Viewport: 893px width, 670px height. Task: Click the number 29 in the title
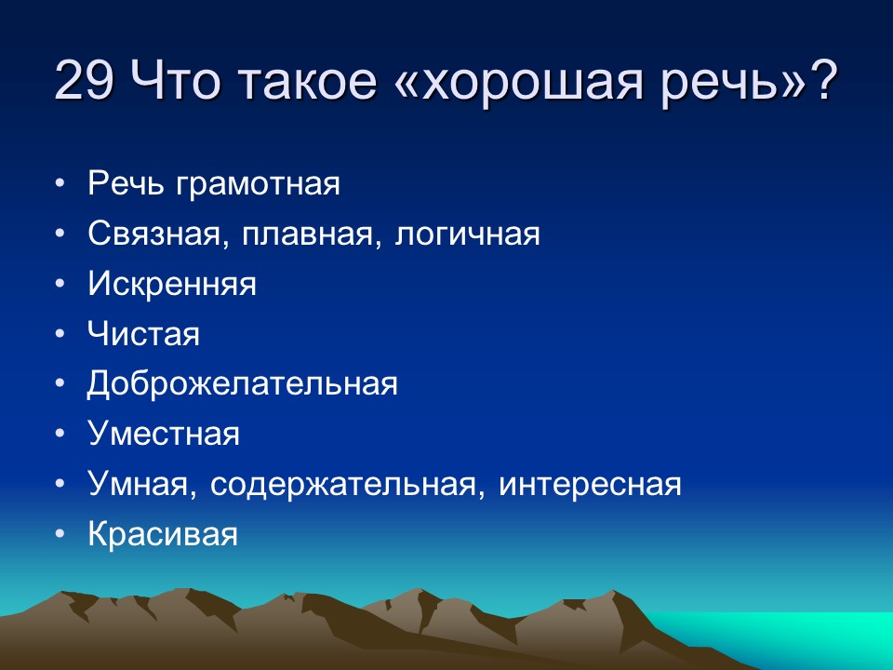[87, 83]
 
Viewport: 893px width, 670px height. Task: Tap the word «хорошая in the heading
[501, 83]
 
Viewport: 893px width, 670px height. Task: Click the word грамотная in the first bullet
[257, 183]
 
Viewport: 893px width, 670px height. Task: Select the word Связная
[154, 234]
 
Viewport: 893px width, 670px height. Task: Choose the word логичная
[468, 234]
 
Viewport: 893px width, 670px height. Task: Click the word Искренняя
[172, 284]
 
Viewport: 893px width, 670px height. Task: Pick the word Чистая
[143, 334]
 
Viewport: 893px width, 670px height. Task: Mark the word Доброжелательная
[243, 384]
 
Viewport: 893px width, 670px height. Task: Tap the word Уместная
[164, 435]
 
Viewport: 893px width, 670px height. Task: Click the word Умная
[140, 485]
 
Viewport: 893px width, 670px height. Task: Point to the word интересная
[590, 485]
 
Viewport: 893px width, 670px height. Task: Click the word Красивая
[163, 535]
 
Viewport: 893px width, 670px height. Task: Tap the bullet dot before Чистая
[60, 334]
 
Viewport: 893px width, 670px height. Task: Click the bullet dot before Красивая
[60, 535]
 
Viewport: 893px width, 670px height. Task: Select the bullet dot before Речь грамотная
[60, 183]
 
